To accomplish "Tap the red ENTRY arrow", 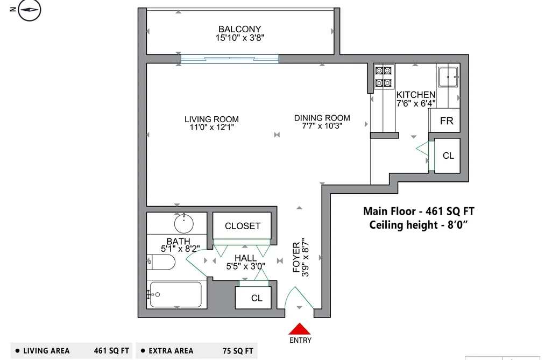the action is (x=300, y=329).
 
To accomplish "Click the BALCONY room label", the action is (x=239, y=29).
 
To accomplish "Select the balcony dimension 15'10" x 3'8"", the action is (x=240, y=38).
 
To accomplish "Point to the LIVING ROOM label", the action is (x=211, y=119).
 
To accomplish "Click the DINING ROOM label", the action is (x=322, y=118).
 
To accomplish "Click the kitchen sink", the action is (x=448, y=77).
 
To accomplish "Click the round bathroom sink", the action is (x=183, y=223).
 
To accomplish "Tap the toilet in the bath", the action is (x=161, y=262).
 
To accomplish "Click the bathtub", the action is (x=176, y=294).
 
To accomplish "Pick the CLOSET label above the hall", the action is (x=243, y=226).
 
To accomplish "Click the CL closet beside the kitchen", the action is (x=447, y=156).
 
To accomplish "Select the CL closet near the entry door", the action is (x=253, y=298).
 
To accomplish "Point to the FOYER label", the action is (x=296, y=257).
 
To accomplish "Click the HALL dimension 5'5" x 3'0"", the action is (x=246, y=266).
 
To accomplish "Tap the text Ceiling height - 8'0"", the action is (x=419, y=225).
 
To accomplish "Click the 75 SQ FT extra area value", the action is (x=238, y=351).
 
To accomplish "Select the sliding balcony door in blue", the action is (x=230, y=59).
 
